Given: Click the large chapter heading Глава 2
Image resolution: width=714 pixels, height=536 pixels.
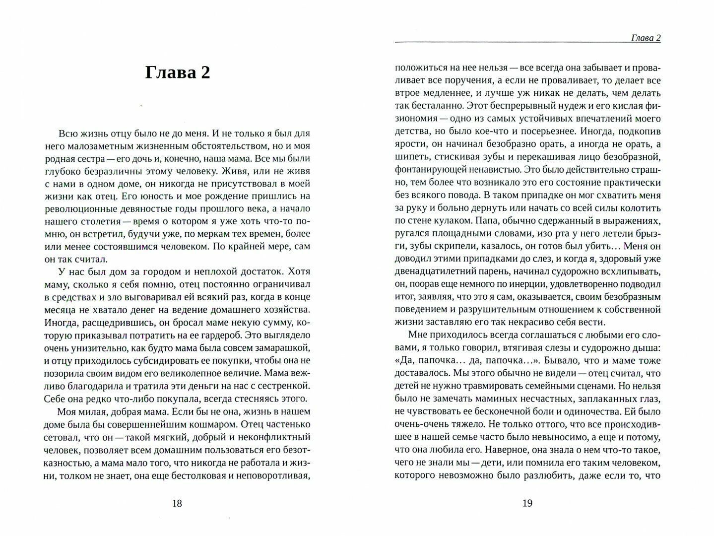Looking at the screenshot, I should [178, 72].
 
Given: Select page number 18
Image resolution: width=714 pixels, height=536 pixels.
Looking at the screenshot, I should [177, 503].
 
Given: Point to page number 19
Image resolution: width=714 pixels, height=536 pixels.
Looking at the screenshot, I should [527, 503].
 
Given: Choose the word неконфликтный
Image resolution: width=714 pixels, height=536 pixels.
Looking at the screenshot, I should [270, 437].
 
